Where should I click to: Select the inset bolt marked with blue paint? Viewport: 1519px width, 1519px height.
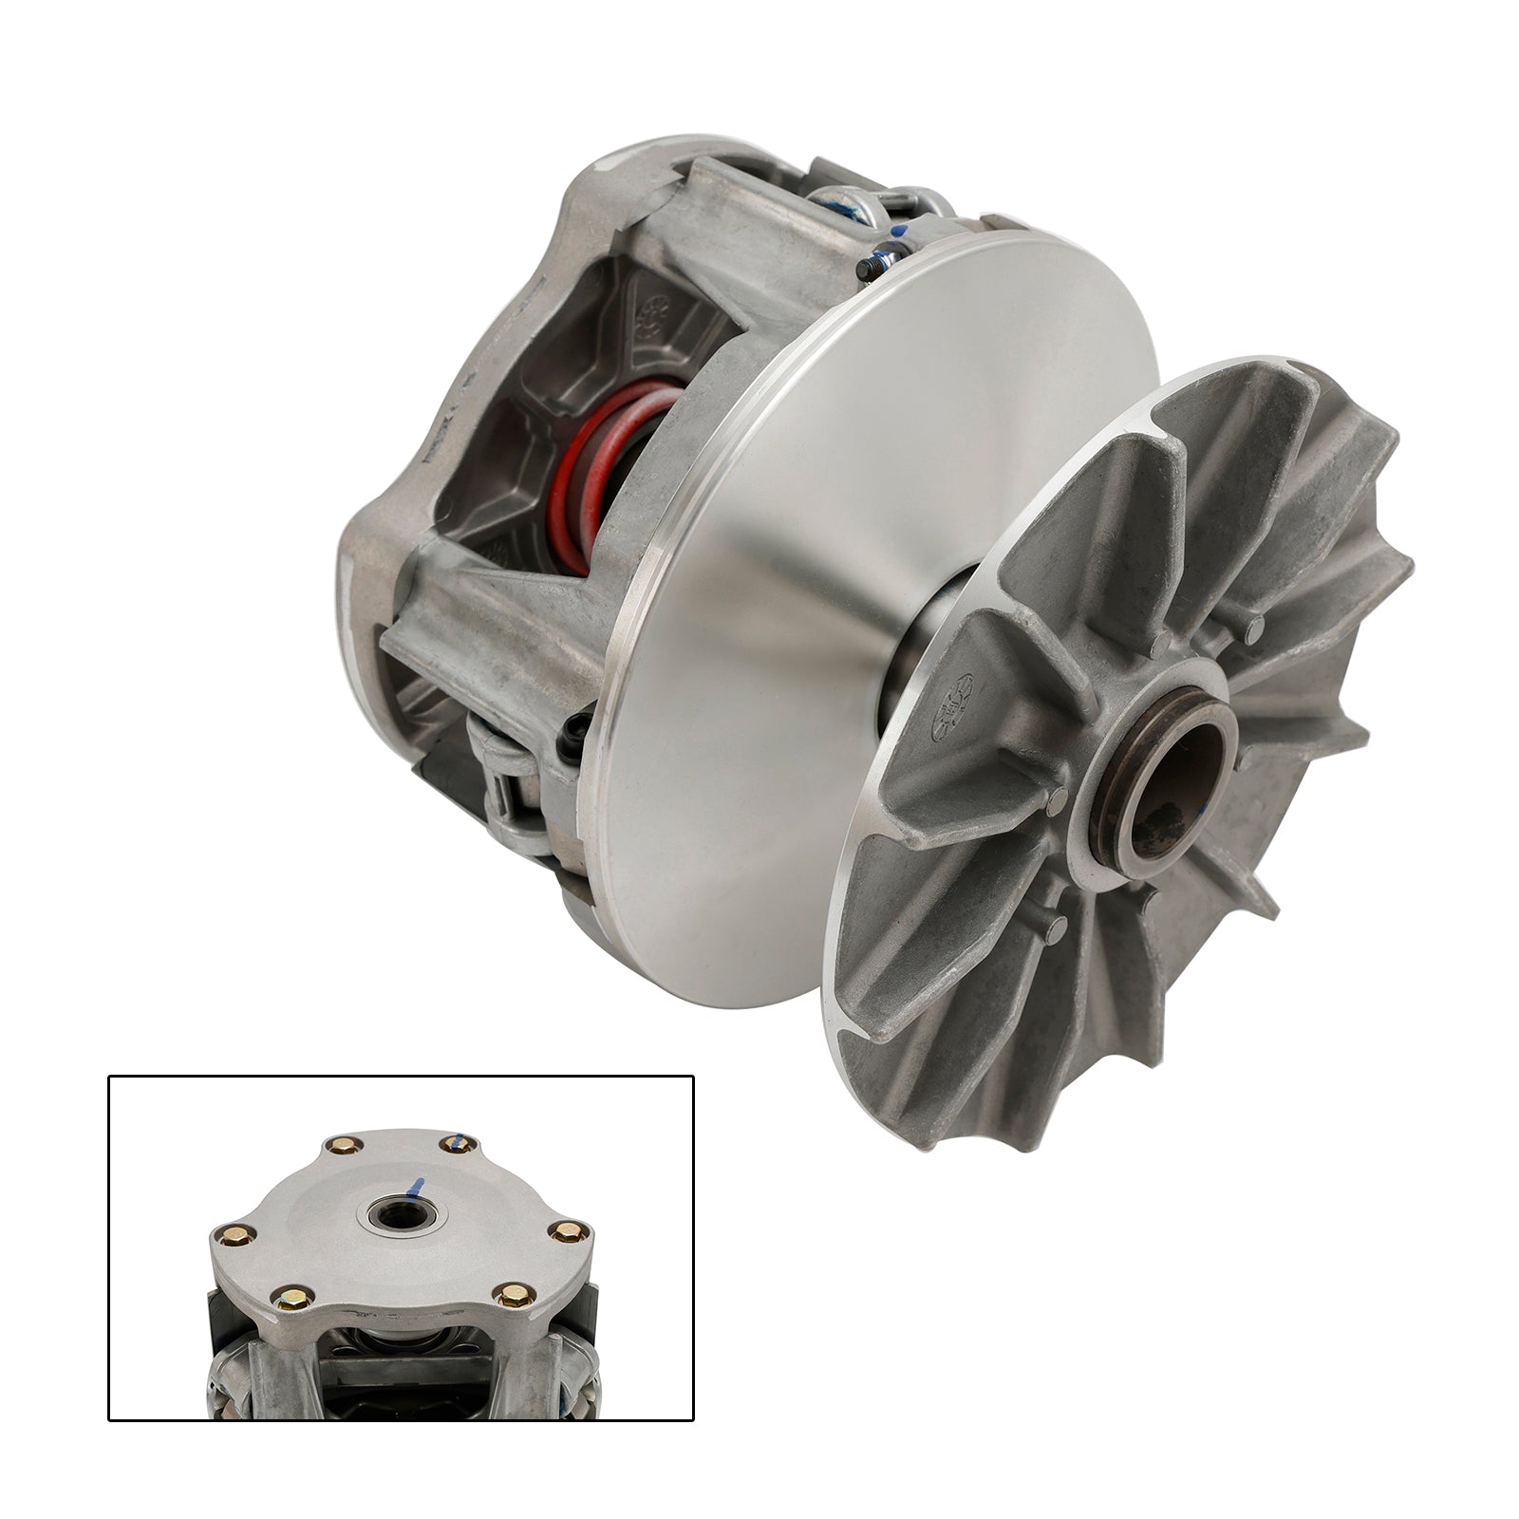(455, 1143)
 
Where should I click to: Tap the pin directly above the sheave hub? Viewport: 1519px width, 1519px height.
(1158, 647)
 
